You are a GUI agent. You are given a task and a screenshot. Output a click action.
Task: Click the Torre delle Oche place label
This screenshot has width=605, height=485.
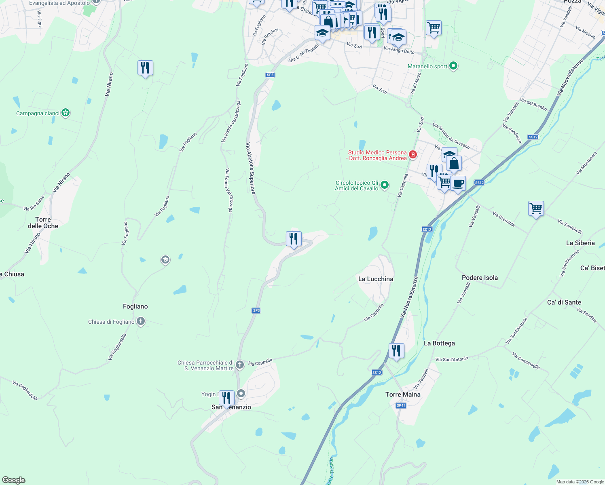click(43, 223)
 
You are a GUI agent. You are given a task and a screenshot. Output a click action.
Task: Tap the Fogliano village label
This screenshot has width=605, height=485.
click(135, 306)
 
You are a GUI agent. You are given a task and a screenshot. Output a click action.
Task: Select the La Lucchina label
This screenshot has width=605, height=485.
click(376, 279)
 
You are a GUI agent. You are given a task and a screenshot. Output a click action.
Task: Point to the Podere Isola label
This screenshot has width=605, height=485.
click(480, 278)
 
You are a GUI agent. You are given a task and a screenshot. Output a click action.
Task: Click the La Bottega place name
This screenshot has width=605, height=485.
click(439, 343)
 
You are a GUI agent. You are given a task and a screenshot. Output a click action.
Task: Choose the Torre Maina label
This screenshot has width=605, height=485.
click(403, 394)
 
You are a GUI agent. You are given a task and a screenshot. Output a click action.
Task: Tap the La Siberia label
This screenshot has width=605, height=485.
click(580, 243)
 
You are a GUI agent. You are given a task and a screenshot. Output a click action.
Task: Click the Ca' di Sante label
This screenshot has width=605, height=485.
click(564, 302)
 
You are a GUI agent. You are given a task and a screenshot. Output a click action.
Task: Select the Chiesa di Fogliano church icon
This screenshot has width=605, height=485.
click(141, 322)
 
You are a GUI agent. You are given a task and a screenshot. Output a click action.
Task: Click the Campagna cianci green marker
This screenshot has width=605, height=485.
click(66, 113)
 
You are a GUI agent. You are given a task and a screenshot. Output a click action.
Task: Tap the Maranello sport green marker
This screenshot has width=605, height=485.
click(453, 66)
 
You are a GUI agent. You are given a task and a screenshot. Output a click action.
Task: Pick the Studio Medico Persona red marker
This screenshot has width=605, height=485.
click(413, 155)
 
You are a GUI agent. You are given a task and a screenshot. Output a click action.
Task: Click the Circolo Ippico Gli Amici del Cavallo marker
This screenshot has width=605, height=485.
click(385, 185)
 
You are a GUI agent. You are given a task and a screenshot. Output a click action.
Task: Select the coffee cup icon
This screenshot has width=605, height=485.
click(458, 183)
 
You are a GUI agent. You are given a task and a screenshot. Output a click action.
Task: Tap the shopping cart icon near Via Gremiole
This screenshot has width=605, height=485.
click(536, 209)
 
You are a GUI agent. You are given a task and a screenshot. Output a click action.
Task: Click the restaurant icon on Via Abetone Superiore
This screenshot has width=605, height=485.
click(294, 238)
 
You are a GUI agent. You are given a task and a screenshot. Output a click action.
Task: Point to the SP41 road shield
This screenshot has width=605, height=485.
click(401, 405)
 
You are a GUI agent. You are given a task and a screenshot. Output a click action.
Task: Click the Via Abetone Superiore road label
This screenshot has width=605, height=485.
click(251, 168)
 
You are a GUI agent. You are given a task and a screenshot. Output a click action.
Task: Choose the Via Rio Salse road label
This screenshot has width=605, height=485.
click(34, 203)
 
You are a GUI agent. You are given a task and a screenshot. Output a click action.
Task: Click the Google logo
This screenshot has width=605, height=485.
click(14, 480)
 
